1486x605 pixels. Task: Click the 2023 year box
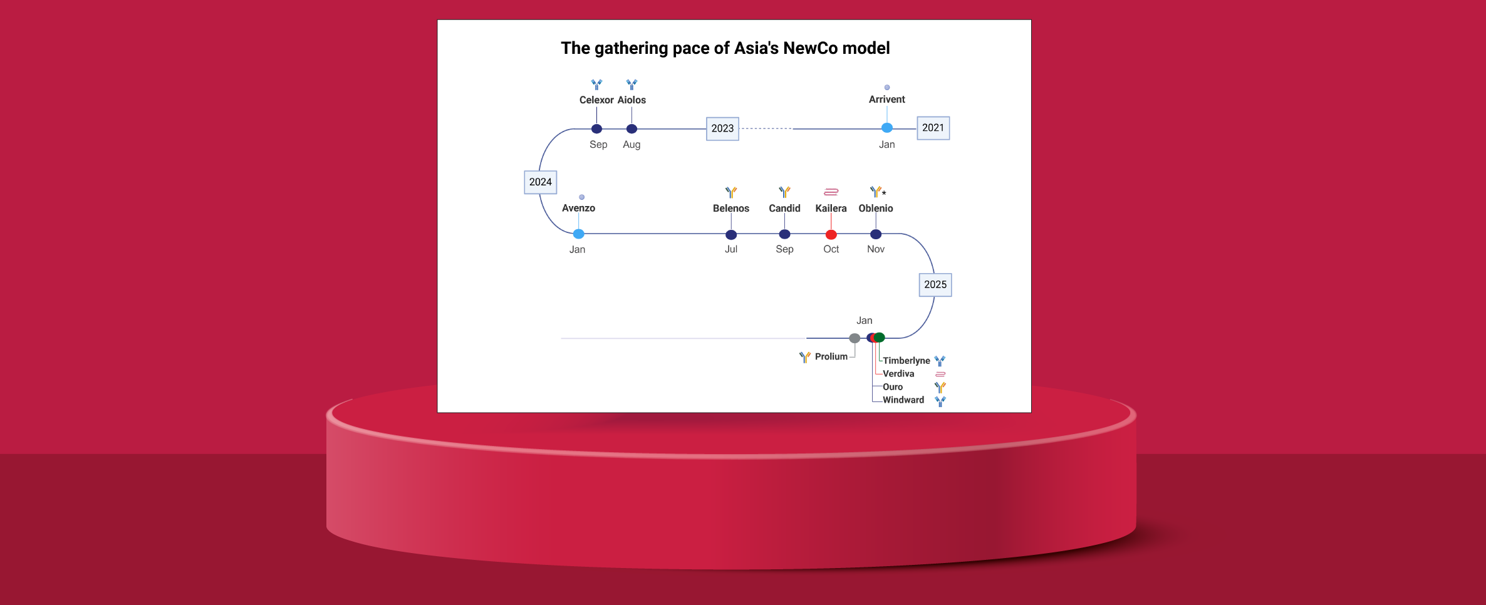tap(722, 128)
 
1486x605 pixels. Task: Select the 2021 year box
tap(933, 128)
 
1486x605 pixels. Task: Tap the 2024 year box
tap(540, 182)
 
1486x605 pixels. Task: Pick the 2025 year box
tap(935, 284)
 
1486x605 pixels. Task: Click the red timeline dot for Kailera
tap(831, 235)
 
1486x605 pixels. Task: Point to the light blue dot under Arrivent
tap(886, 128)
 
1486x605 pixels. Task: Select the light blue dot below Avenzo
tap(578, 234)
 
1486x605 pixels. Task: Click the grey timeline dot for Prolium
tap(854, 338)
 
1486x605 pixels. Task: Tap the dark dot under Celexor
tap(596, 129)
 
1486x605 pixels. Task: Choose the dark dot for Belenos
tap(730, 235)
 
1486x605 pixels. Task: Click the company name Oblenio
tap(875, 208)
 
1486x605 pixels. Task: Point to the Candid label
tap(784, 208)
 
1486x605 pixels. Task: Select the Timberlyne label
tap(906, 361)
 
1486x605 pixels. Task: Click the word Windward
tap(903, 400)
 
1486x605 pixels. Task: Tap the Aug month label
tap(631, 145)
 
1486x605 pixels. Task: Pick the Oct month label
tap(831, 249)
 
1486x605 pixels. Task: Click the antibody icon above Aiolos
tap(631, 85)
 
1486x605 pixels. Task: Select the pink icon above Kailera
tap(831, 192)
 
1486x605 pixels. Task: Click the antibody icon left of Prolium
tap(804, 357)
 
